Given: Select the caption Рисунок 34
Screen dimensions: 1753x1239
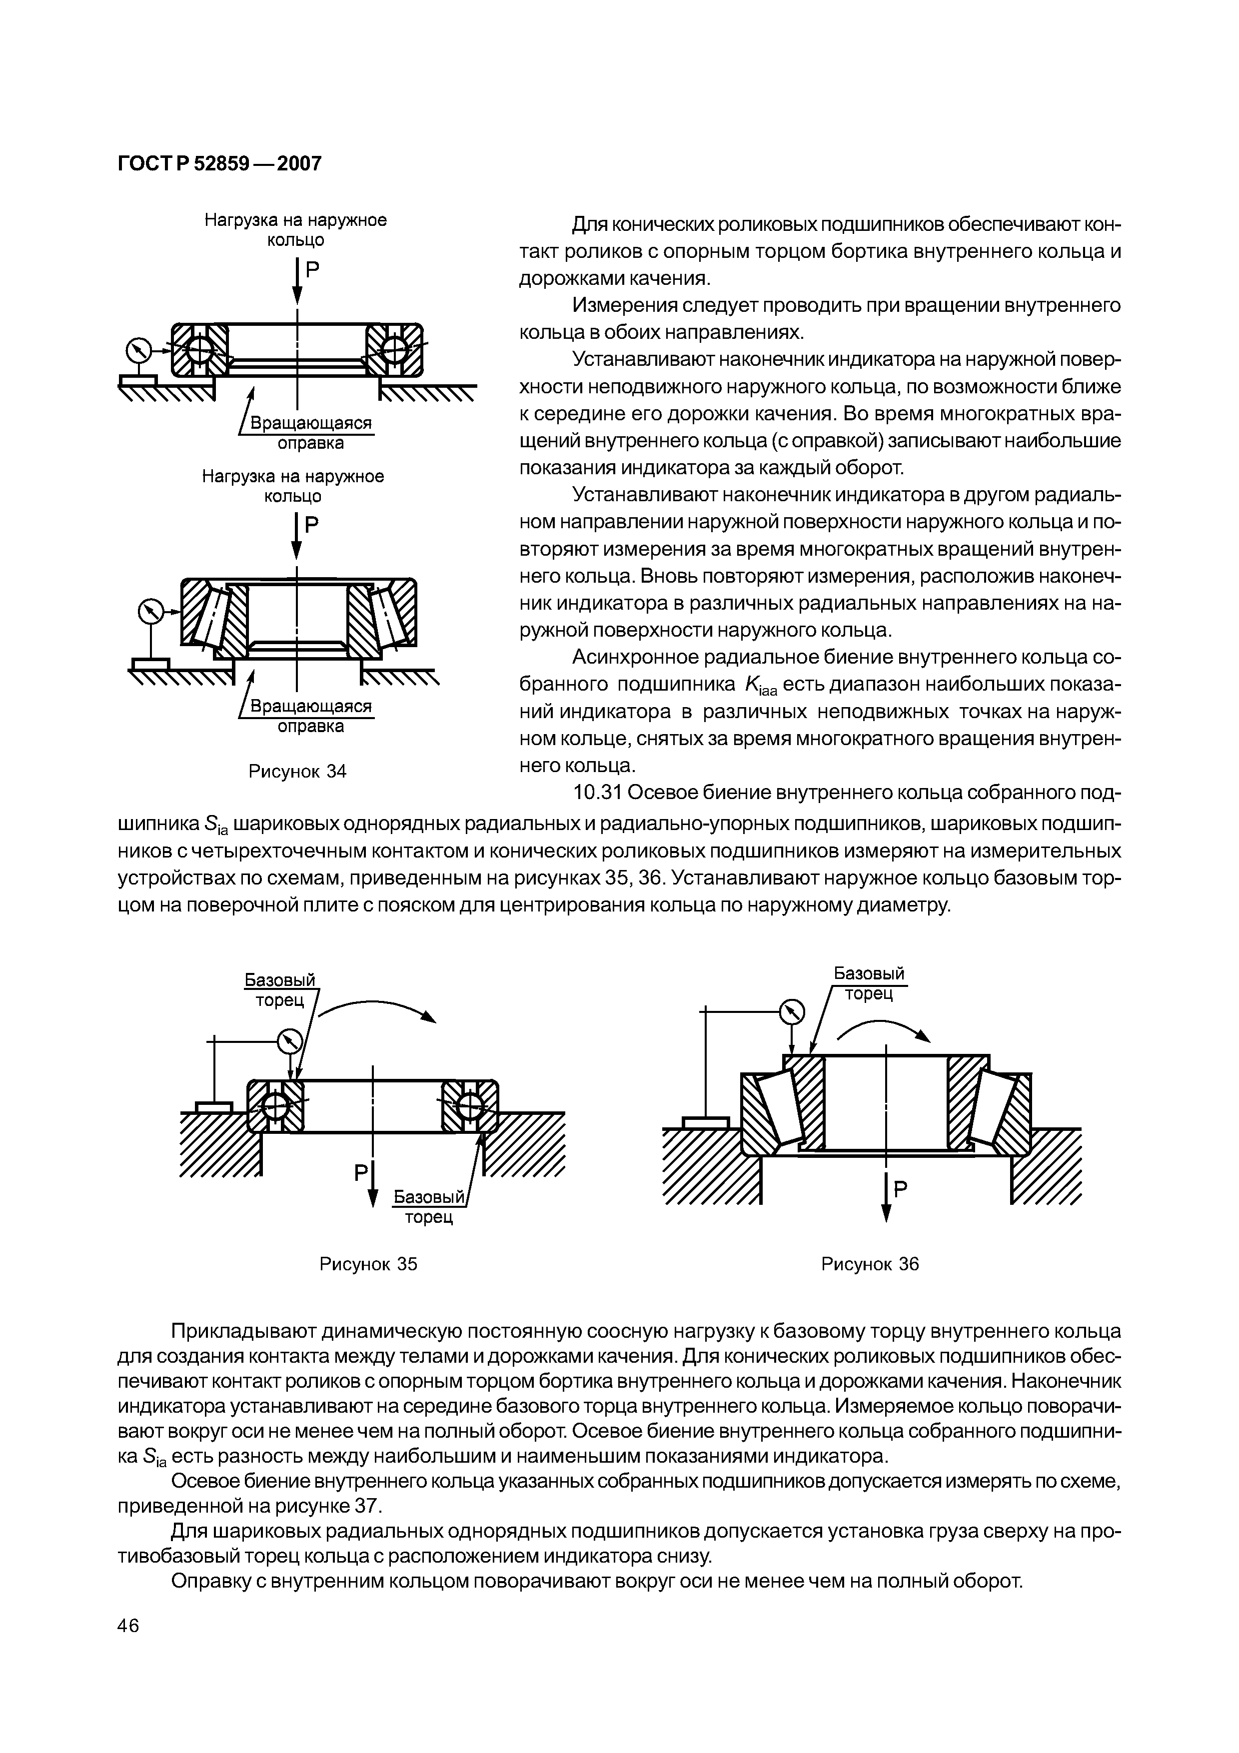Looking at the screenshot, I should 298,771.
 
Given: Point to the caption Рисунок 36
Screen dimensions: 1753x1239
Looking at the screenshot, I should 870,1264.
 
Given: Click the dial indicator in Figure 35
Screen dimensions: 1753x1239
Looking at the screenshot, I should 290,1040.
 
